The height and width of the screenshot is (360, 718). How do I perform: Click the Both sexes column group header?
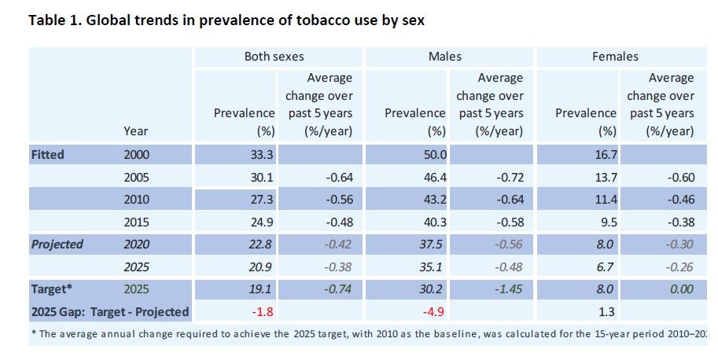point(274,57)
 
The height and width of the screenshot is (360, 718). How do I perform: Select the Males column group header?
point(444,57)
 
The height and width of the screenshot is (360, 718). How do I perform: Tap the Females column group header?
point(615,57)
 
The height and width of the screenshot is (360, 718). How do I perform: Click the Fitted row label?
point(48,155)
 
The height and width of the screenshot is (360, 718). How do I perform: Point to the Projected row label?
point(57,244)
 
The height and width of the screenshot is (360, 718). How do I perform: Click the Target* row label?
point(52,289)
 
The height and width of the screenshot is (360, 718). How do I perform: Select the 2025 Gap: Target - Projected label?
point(110,312)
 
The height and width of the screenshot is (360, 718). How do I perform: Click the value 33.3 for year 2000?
point(262,155)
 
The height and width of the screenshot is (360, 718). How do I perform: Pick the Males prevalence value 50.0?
point(435,155)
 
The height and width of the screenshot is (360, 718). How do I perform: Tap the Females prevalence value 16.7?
point(606,155)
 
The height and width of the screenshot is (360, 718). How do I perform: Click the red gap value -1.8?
point(263,312)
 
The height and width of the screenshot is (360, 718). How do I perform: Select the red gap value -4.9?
point(433,312)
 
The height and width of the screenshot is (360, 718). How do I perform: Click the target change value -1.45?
point(509,289)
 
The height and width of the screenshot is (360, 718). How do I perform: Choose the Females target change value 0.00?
point(681,289)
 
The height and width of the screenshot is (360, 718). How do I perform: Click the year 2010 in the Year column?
point(137,200)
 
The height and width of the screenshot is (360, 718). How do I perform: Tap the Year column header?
point(135,131)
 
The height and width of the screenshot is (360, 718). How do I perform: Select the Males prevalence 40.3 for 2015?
point(435,222)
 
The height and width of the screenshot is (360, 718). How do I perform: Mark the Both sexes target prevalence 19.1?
point(262,289)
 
